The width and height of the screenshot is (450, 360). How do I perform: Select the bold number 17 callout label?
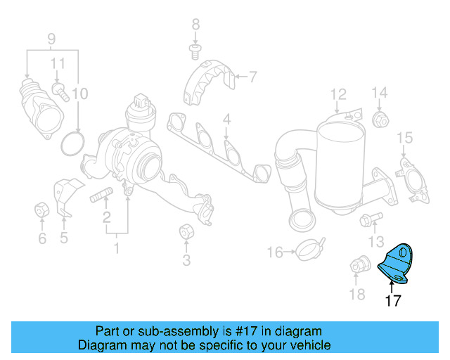click(x=393, y=301)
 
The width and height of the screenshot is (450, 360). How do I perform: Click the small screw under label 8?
click(x=196, y=50)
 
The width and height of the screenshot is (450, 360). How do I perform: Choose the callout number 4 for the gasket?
click(x=226, y=120)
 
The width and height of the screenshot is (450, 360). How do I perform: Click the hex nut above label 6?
click(x=41, y=210)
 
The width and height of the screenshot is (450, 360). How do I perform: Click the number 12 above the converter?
click(x=339, y=94)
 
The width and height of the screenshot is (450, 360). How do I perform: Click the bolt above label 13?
click(x=366, y=221)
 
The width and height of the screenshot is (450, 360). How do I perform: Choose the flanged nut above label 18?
click(x=359, y=266)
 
